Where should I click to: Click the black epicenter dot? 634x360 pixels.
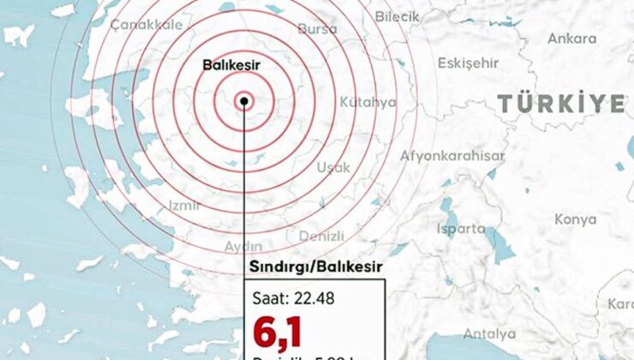245,101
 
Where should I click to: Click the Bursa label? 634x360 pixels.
318,28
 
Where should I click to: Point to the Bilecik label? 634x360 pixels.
398,16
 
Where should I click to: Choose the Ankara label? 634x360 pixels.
571,39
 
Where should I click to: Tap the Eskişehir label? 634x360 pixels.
468,63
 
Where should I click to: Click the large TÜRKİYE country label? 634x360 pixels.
562,104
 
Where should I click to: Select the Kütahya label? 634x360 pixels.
368,102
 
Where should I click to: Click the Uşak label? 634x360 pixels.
333,167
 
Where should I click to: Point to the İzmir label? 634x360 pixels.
185,205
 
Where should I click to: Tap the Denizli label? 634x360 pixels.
321,236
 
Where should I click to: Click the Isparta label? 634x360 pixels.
460,229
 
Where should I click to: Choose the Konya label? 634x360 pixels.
575,219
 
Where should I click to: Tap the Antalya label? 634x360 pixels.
489,333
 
